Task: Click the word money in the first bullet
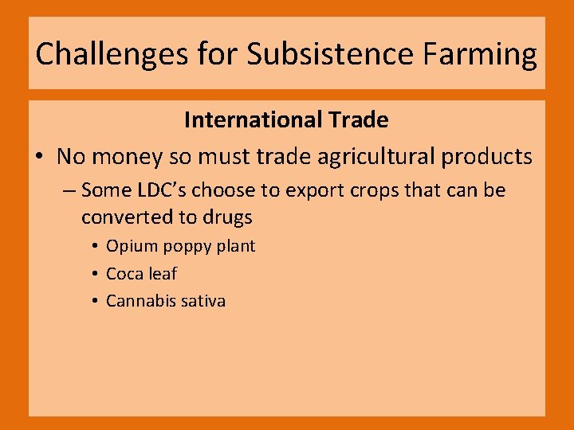(x=126, y=156)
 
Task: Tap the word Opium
(x=129, y=246)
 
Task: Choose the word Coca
(x=124, y=274)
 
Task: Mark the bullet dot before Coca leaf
(x=94, y=274)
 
